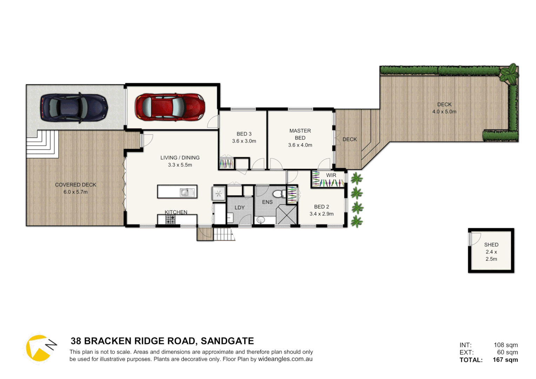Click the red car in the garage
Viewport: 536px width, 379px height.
(170, 107)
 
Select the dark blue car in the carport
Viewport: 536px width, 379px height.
(74, 108)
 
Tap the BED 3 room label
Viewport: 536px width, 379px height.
(244, 134)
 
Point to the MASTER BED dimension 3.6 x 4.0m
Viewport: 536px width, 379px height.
(300, 145)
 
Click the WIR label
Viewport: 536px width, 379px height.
(331, 175)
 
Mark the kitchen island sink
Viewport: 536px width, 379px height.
(187, 192)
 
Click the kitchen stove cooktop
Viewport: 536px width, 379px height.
(170, 220)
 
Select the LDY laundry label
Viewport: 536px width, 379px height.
(240, 207)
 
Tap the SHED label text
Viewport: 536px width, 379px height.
(491, 245)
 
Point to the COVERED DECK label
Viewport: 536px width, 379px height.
(75, 185)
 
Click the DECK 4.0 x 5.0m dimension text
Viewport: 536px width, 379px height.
(444, 112)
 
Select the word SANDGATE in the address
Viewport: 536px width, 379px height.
(227, 341)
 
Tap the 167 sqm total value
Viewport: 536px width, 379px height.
(505, 360)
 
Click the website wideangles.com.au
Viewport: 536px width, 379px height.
(285, 359)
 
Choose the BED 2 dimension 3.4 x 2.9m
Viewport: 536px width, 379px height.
(321, 214)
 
